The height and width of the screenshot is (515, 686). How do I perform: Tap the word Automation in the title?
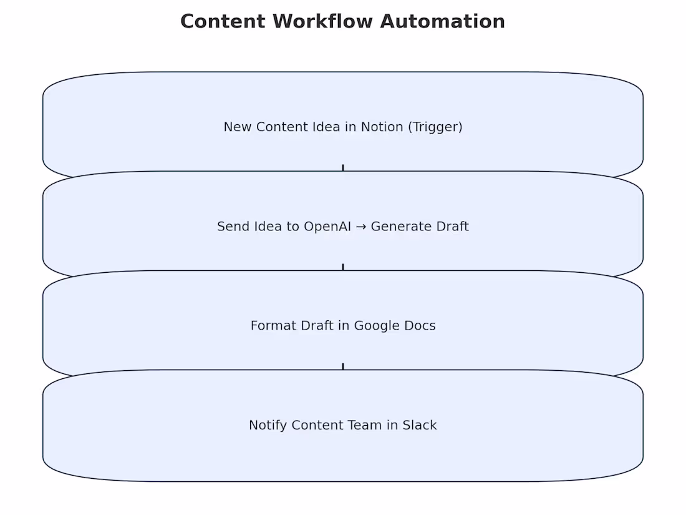443,21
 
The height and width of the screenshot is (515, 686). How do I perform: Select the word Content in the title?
223,21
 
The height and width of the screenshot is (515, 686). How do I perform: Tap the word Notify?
268,425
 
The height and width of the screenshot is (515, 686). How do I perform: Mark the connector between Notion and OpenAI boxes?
343,168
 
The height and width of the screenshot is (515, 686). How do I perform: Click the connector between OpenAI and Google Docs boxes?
343,267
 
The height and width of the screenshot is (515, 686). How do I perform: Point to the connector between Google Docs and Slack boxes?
343,366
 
